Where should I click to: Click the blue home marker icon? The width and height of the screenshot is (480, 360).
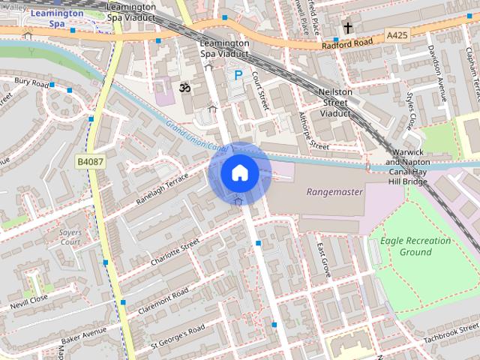[239, 173]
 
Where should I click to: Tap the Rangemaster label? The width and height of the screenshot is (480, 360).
[334, 192]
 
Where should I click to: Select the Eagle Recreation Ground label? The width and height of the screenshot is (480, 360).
[415, 246]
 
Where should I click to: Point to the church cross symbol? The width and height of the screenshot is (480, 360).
[347, 28]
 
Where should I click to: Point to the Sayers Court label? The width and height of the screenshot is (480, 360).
[70, 238]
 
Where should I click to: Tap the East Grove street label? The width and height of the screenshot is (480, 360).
[323, 259]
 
